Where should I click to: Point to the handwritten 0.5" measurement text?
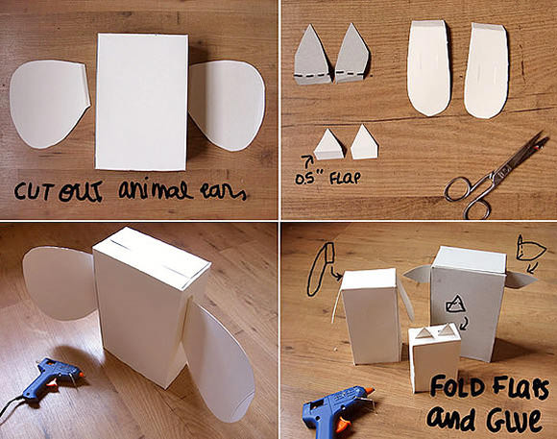(305, 179)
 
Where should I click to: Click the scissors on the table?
(496, 175)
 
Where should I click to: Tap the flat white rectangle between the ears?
(141, 102)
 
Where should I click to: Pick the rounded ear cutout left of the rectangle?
(49, 104)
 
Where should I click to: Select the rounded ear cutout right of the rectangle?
(227, 106)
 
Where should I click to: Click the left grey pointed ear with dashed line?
(312, 56)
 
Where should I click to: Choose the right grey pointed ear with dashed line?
(351, 55)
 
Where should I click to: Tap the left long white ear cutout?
(428, 67)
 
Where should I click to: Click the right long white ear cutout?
(486, 70)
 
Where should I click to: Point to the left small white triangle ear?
(328, 145)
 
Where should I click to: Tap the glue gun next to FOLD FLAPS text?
(337, 412)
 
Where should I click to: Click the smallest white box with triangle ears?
(434, 356)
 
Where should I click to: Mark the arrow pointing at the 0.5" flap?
(305, 160)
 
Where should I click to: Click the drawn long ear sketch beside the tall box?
(321, 269)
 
